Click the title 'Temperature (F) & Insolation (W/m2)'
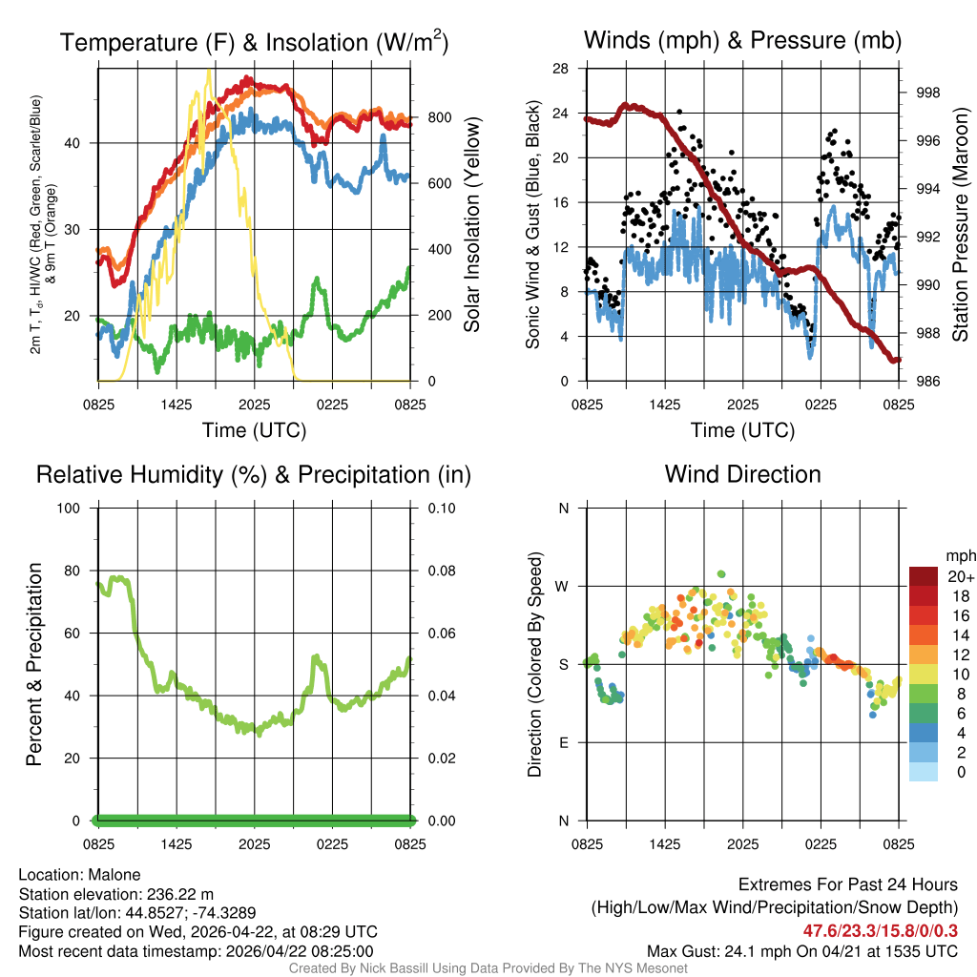pyautogui.click(x=254, y=43)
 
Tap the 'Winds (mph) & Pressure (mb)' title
pyautogui.click(x=742, y=41)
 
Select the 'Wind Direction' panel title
pyautogui.click(x=742, y=474)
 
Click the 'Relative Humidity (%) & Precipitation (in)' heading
pyautogui.click(x=254, y=474)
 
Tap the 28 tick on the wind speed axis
pyautogui.click(x=562, y=69)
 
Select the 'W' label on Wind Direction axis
pyautogui.click(x=564, y=586)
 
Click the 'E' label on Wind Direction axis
pyautogui.click(x=564, y=742)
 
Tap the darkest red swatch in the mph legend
pyautogui.click(x=923, y=576)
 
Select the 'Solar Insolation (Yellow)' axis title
pyautogui.click(x=472, y=225)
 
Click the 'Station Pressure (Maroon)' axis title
pyautogui.click(x=961, y=225)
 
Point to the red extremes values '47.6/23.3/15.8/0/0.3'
pyautogui.click(x=880, y=930)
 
